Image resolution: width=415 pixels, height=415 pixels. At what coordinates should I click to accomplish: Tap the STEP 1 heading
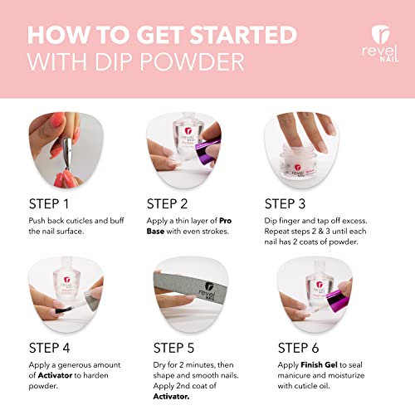tap(54, 203)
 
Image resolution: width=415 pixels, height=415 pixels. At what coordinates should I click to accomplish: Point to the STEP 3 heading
tap(292, 203)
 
